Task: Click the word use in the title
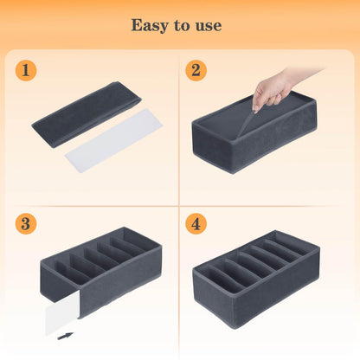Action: click(x=208, y=25)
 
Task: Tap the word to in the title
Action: click(x=181, y=25)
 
